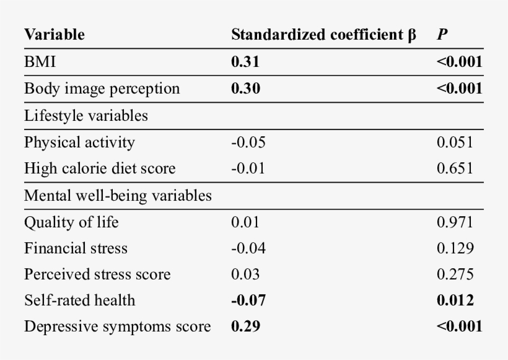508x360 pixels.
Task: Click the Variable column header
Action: pos(55,35)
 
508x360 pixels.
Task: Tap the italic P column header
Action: pos(442,35)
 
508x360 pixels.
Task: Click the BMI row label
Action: pos(40,63)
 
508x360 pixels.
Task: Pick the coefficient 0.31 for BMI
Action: pos(245,63)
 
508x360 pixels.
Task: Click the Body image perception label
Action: pos(102,89)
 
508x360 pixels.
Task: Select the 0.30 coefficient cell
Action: pos(245,89)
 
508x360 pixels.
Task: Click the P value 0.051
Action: pos(455,142)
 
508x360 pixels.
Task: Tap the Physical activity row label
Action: pos(79,142)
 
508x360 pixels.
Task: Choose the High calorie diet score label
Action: pos(100,169)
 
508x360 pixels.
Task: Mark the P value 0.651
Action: pos(455,169)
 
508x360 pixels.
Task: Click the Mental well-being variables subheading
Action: pos(118,196)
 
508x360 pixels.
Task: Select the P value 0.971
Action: pos(455,222)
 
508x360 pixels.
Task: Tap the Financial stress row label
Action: pos(76,248)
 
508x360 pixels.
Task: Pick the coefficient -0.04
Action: pos(248,248)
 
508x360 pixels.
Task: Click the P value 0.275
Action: pos(455,274)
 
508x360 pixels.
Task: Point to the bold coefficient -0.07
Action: pos(248,301)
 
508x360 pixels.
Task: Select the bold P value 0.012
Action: pos(455,301)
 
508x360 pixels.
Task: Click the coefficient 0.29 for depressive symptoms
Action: pos(245,327)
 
